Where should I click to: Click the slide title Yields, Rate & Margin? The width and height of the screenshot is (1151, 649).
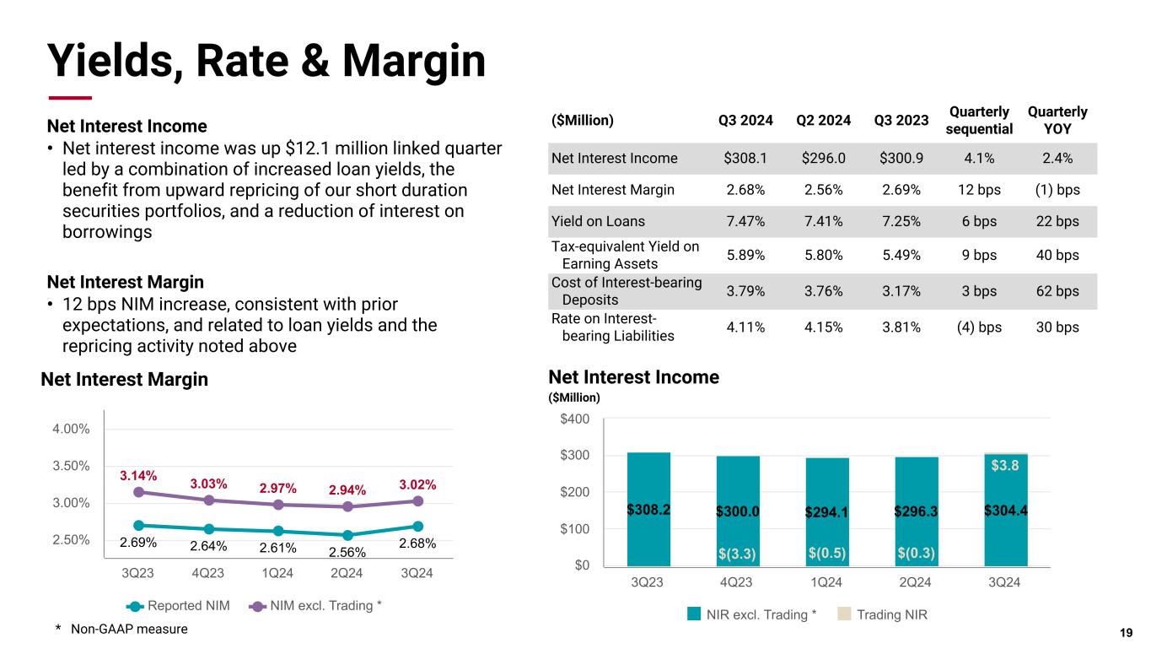[266, 61]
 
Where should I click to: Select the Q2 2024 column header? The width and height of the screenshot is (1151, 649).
[824, 120]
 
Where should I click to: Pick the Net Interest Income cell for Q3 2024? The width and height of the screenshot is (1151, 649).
[745, 158]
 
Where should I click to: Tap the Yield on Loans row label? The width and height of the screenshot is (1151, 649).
[598, 221]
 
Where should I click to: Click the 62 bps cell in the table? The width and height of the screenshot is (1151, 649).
[1057, 291]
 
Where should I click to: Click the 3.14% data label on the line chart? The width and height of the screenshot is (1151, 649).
[137, 475]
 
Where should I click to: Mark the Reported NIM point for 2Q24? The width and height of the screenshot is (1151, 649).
[347, 534]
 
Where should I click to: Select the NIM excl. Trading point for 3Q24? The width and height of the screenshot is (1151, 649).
[417, 500]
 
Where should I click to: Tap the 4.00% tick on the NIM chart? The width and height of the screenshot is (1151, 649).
[71, 429]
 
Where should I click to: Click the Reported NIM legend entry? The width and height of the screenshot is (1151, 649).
[178, 605]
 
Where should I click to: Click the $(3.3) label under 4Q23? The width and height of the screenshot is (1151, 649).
[737, 554]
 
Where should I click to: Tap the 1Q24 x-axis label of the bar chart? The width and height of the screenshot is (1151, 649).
[826, 582]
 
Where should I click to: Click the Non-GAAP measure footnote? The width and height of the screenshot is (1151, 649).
[121, 629]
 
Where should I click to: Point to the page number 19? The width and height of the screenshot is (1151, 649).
[1126, 633]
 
